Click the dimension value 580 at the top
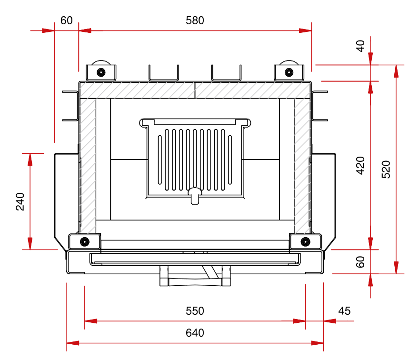(195, 20)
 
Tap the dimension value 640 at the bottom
(195, 333)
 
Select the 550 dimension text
(195, 311)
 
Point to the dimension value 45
(344, 311)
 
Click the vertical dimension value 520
(386, 170)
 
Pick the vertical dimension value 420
(360, 165)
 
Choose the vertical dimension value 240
(20, 201)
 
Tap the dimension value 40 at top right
(360, 46)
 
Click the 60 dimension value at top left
(67, 20)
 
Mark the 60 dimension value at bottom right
(360, 262)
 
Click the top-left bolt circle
(100, 72)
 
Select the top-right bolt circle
(289, 72)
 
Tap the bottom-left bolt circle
(85, 241)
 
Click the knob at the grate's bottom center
(195, 195)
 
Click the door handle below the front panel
(195, 276)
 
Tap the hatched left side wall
(88, 162)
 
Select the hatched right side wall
(302, 162)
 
